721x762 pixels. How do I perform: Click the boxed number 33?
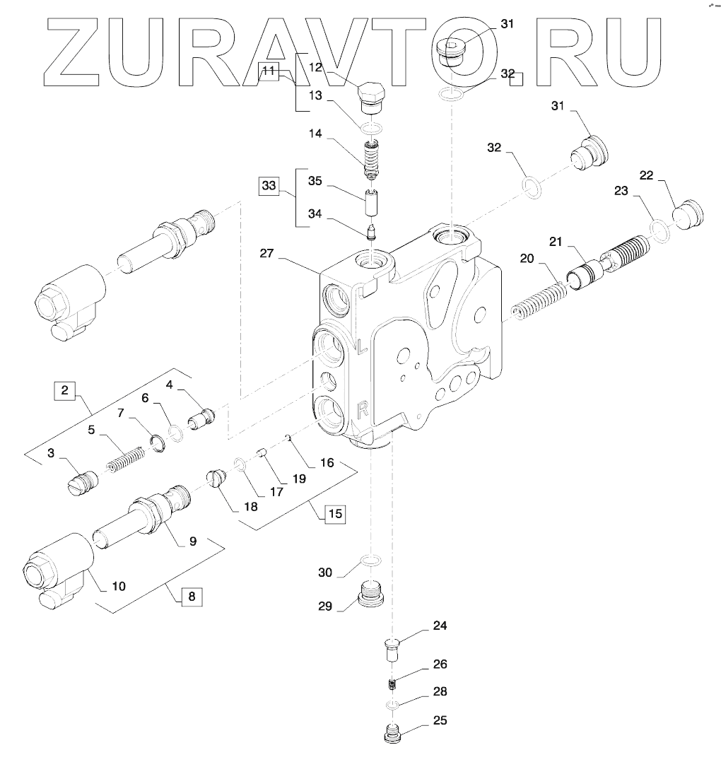point(269,187)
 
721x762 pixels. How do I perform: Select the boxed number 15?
point(334,512)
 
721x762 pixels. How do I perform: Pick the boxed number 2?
point(64,390)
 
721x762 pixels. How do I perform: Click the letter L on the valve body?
point(360,346)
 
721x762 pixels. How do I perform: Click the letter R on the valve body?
point(361,408)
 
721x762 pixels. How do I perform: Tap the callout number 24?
point(440,626)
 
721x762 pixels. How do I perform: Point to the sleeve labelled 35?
point(371,204)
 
